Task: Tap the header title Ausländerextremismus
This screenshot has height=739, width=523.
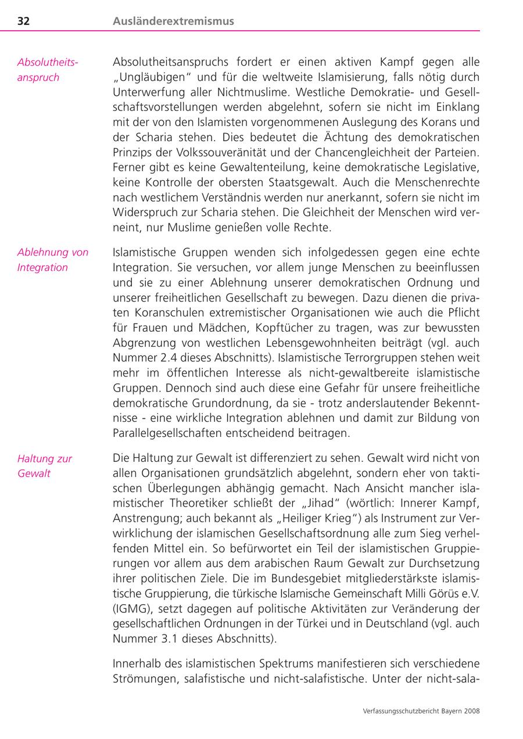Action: point(173,21)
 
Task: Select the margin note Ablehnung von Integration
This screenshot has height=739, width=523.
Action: point(52,260)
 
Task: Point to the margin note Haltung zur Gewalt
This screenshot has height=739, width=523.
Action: point(44,465)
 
